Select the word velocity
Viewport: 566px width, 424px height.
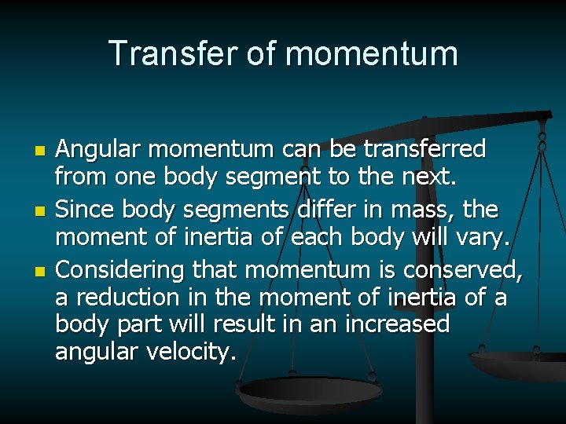[x=186, y=351]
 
